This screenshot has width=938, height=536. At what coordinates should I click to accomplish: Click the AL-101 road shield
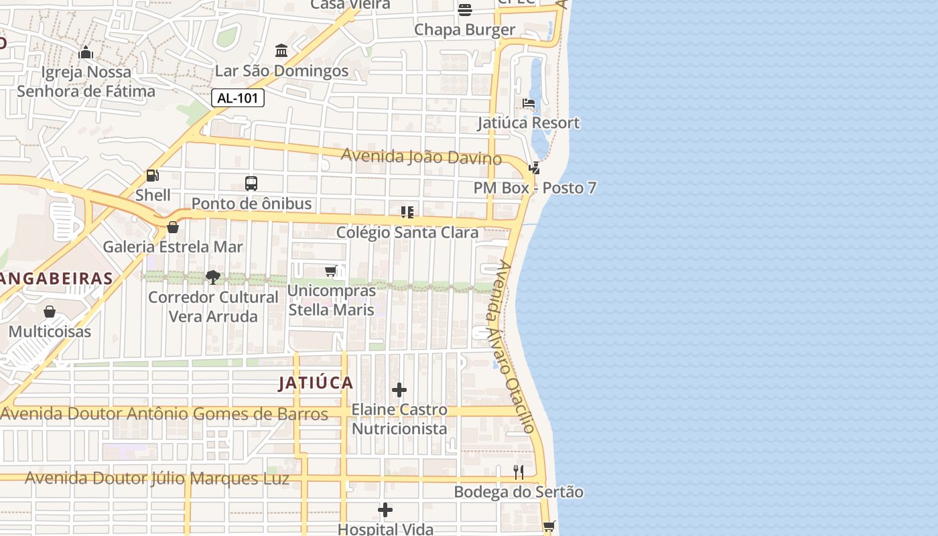click(238, 98)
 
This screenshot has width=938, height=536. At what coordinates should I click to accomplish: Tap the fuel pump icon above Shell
click(153, 176)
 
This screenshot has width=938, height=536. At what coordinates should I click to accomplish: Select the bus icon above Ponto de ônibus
click(251, 183)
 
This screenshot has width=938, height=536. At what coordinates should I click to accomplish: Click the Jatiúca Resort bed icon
click(529, 103)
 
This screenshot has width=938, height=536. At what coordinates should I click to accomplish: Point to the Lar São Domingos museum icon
click(281, 51)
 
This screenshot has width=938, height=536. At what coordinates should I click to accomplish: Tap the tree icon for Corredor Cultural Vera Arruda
click(213, 277)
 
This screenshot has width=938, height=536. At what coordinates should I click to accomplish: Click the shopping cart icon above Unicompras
click(330, 271)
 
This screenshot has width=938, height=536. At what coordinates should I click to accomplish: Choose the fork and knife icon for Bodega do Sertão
click(518, 472)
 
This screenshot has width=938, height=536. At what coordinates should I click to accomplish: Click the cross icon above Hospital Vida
click(385, 511)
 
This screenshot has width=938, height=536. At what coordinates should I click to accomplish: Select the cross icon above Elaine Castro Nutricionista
click(399, 390)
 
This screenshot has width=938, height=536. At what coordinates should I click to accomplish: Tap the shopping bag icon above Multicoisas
click(50, 312)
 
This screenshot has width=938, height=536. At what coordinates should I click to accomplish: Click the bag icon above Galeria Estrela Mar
click(173, 227)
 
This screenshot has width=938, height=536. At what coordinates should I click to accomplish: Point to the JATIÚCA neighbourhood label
click(316, 383)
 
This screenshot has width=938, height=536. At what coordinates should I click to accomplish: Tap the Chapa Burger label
click(464, 29)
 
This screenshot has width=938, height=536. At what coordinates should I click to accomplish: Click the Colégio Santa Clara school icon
click(407, 212)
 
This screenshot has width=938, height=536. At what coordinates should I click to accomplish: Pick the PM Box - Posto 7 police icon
click(534, 168)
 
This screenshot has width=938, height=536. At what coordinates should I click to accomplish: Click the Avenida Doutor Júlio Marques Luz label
click(157, 479)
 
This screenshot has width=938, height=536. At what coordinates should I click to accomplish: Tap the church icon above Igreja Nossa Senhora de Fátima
click(86, 52)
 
